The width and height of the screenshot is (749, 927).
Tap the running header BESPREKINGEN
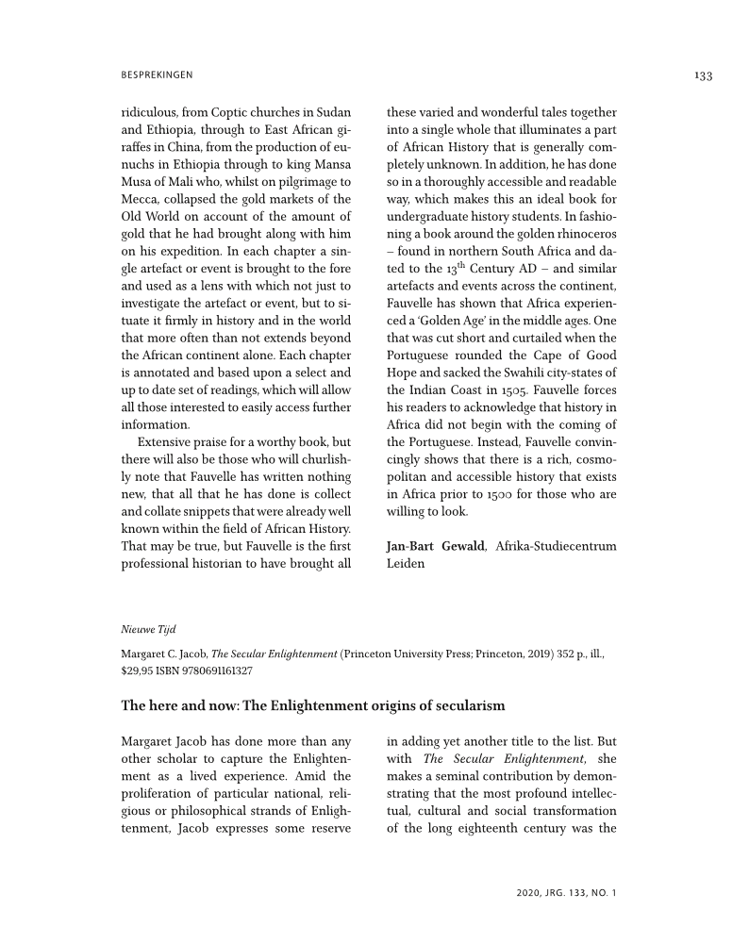click(x=157, y=74)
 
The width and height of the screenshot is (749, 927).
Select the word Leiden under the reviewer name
click(x=406, y=564)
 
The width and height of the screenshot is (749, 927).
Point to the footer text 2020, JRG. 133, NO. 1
click(x=566, y=891)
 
